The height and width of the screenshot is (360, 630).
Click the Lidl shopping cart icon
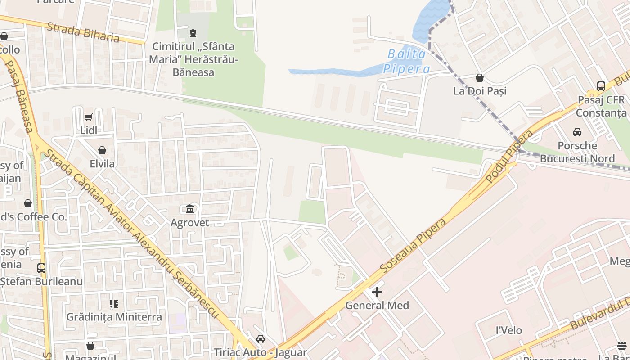[x=88, y=117]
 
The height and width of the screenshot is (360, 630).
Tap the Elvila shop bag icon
[x=102, y=150]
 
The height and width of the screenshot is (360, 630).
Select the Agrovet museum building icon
[x=189, y=209]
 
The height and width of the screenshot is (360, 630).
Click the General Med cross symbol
[x=377, y=292]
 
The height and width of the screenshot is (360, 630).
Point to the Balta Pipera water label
[x=406, y=62]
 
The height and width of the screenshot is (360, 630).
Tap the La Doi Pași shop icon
[x=480, y=78]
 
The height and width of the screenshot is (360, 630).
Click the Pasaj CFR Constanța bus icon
[x=601, y=86]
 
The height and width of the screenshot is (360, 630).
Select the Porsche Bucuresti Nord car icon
[x=577, y=132]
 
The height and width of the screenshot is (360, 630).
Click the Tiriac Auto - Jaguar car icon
[x=260, y=339]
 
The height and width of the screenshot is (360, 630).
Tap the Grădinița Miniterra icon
[x=114, y=304]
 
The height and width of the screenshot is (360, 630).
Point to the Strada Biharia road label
[x=83, y=32]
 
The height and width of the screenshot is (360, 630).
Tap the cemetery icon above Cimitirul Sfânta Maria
[x=193, y=33]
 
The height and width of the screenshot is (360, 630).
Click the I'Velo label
[x=508, y=330]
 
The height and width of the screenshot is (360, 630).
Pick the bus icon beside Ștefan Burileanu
[x=41, y=268]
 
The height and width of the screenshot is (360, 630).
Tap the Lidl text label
[x=89, y=130]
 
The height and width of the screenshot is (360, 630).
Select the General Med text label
[x=377, y=306]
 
